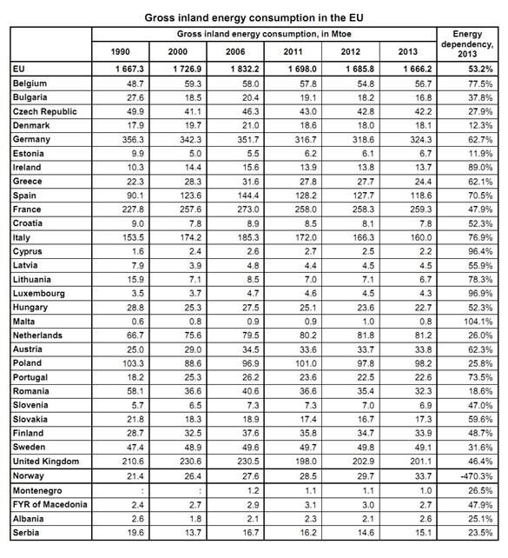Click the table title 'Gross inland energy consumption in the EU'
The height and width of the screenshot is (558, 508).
point(253,17)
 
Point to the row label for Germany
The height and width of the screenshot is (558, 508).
point(32,139)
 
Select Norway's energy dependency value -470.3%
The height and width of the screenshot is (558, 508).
point(480,475)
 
